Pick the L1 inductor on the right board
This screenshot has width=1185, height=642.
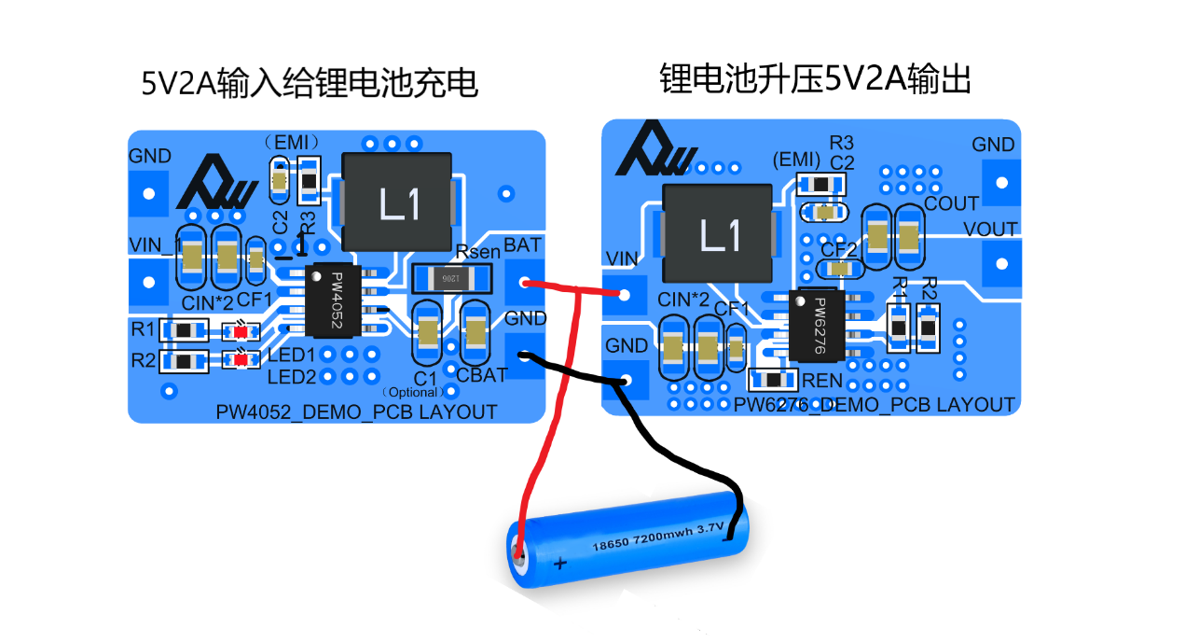point(718,234)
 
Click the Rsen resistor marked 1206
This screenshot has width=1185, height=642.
point(451,278)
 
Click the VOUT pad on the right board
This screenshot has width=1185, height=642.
point(1001,264)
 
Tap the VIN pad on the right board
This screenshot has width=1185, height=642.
point(625,294)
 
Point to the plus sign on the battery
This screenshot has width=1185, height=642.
point(560,564)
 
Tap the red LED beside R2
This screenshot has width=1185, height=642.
point(242,359)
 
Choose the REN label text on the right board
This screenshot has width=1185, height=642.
point(822,381)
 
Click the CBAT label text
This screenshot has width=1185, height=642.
point(481,376)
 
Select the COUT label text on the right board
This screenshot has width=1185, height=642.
point(951,203)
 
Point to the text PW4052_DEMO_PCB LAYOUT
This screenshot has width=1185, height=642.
point(356,412)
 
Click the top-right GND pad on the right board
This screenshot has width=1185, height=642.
point(1001,182)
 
